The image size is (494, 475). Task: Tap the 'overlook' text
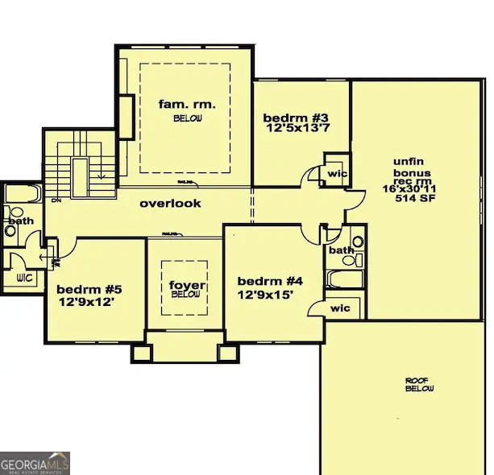170,204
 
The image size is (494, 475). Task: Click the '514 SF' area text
412,199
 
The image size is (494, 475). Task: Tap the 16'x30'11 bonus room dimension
412,189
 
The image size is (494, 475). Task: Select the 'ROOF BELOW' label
420,384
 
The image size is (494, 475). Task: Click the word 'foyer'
185,286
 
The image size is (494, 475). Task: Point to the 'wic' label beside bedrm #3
335,173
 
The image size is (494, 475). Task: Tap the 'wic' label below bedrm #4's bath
340,308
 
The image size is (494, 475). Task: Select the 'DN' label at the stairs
56,200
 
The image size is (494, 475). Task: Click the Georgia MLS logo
35,463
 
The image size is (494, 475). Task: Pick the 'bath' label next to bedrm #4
340,250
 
